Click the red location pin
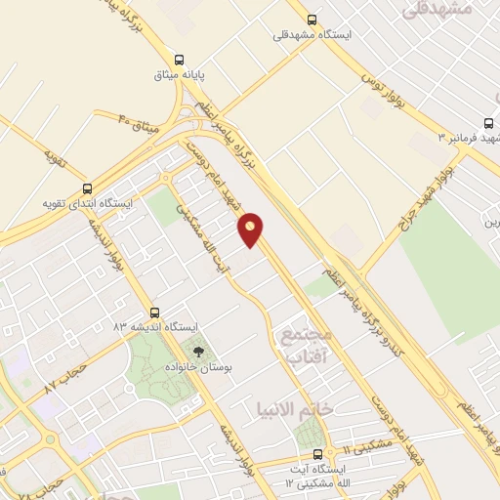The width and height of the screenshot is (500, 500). coord(251,229)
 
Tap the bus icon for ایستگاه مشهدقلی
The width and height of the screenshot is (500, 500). coord(312,19)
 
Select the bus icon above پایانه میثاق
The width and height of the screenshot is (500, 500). coord(179,58)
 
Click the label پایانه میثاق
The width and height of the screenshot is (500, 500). coord(179,73)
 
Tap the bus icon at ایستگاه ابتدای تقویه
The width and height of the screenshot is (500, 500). coord(88,188)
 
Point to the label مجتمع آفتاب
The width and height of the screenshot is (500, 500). coord(307,346)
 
